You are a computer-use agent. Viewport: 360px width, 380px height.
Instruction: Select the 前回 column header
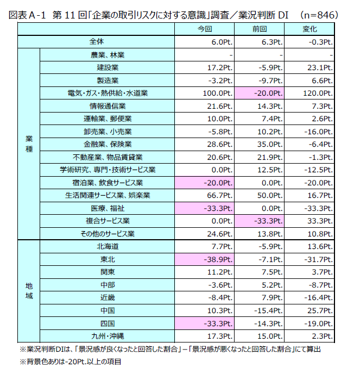(259, 28)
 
